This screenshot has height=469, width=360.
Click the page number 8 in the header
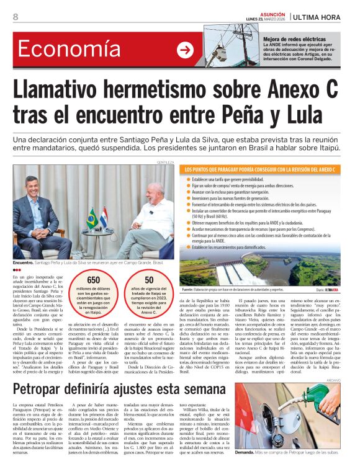tap(16, 17)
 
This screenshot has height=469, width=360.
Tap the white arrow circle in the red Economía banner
tap(185, 50)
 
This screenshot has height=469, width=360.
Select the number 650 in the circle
tap(93, 280)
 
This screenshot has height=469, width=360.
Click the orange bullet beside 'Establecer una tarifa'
tap(189, 179)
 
